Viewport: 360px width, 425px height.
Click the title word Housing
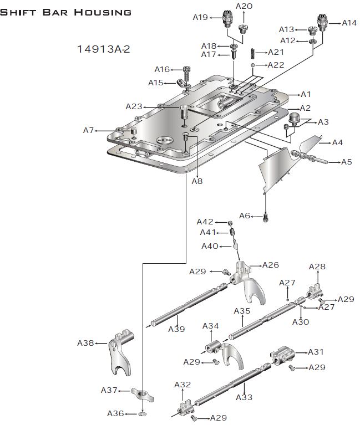coord(103,12)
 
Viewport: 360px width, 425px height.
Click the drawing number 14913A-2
coord(104,49)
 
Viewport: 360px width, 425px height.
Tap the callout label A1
coord(306,94)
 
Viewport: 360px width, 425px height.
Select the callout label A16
coord(162,69)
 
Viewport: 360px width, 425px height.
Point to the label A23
coord(134,106)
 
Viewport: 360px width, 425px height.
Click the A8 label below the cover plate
coord(197,181)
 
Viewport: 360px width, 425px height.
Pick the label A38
coord(85,343)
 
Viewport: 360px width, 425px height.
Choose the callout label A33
coord(244,397)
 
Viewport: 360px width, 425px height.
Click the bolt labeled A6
coord(266,218)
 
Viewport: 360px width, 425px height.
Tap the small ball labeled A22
coord(252,65)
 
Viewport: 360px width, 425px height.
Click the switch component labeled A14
coord(323,23)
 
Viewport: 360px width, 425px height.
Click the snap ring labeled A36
coord(143,413)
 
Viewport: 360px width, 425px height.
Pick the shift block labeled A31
coord(282,355)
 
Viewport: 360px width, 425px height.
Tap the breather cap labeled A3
coord(293,119)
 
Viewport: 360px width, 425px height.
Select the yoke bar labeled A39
coord(189,303)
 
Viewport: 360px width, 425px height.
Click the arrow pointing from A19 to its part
coord(215,18)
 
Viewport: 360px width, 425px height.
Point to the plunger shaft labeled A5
coord(309,157)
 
